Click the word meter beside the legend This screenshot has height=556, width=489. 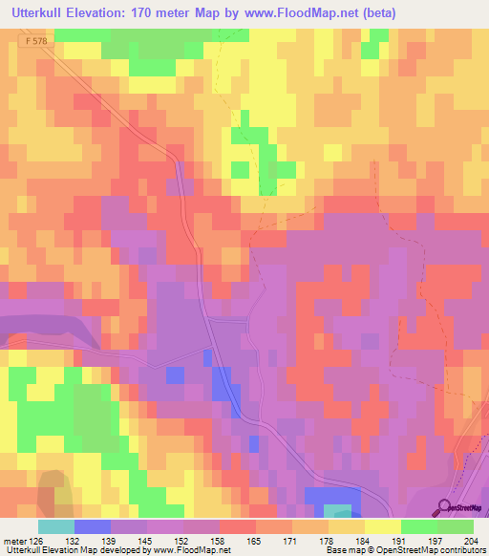[x=13, y=540]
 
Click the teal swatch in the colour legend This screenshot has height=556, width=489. [x=56, y=526]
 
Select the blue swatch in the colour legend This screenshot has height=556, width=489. [x=93, y=526]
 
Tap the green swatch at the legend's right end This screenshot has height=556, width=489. [x=456, y=526]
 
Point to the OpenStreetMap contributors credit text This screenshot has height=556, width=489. [x=420, y=550]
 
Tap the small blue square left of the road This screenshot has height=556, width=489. [x=175, y=374]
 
